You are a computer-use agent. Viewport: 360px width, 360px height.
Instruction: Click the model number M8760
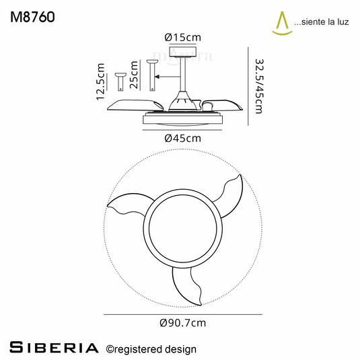tap(32, 17)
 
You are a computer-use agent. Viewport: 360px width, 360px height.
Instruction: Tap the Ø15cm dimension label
tap(183, 38)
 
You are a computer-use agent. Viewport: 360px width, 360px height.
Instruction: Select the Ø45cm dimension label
tap(183, 138)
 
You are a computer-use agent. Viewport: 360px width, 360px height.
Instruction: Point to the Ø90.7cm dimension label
tap(183, 323)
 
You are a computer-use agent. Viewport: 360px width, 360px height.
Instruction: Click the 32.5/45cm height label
tap(260, 86)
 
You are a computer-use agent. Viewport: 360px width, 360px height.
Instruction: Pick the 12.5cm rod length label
tap(100, 81)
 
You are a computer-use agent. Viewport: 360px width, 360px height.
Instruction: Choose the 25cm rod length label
tap(134, 75)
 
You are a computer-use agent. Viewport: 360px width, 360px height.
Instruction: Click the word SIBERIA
tap(54, 347)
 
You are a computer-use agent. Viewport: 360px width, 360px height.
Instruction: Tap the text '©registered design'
tap(151, 349)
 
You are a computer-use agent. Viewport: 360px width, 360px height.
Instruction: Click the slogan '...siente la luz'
tap(322, 22)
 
